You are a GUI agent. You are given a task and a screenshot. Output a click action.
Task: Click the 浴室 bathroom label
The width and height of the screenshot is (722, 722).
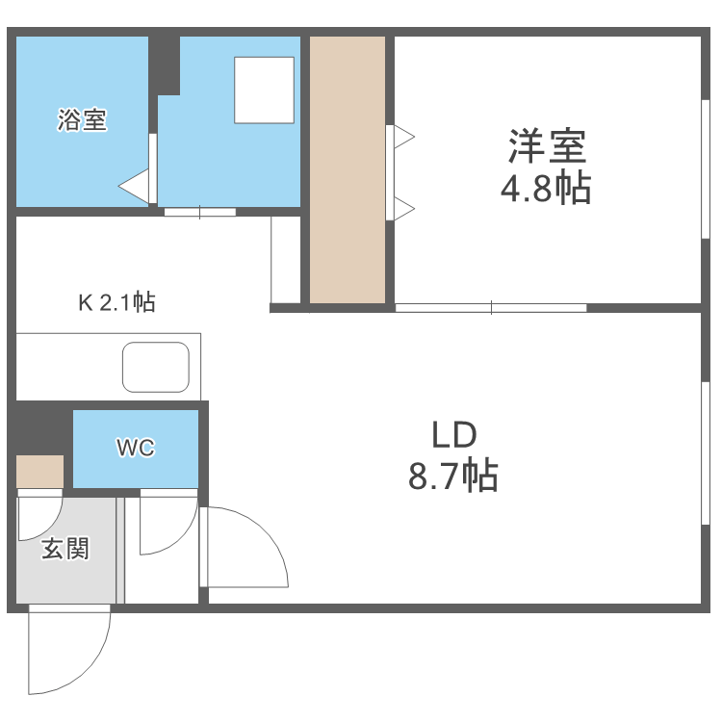(x=82, y=121)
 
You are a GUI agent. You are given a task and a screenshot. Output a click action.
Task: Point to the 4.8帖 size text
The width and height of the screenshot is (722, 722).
(x=545, y=189)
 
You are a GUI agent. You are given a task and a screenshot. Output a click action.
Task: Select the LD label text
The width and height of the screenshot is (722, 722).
(x=453, y=435)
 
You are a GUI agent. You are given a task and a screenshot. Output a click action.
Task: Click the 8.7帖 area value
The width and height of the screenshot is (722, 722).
(x=453, y=476)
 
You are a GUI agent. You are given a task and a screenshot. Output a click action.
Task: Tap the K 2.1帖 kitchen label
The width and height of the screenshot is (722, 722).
(x=116, y=302)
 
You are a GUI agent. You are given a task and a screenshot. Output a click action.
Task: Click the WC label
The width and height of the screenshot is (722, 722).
(x=136, y=448)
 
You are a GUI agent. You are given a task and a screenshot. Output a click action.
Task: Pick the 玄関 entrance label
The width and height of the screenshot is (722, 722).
(x=64, y=549)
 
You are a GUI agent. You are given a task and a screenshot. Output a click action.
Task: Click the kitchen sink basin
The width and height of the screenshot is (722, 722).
(x=155, y=368)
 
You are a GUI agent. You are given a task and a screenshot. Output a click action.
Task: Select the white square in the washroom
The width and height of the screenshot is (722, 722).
(x=264, y=90)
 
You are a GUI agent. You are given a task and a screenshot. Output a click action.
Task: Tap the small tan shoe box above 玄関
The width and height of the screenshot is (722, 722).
(x=39, y=471)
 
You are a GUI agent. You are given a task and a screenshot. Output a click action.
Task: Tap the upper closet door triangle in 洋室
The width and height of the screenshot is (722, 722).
(x=403, y=138)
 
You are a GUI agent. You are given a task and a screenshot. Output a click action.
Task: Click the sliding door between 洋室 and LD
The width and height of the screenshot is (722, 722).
(x=491, y=307)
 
